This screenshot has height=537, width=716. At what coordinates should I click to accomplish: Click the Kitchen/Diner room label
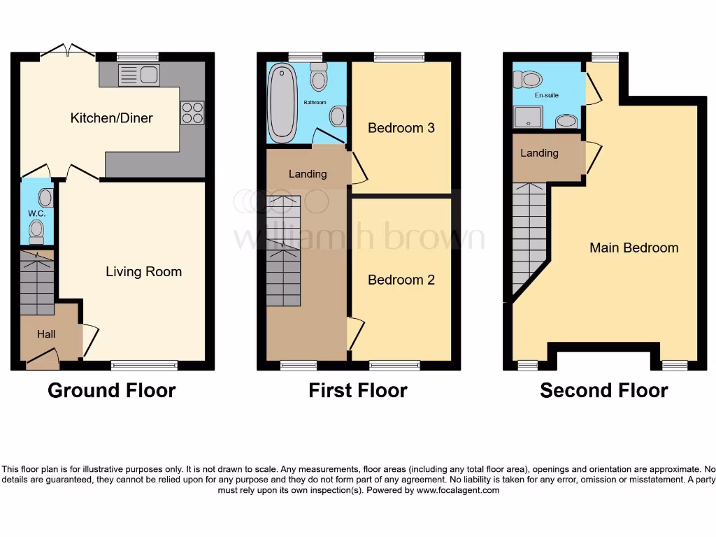click(x=111, y=117)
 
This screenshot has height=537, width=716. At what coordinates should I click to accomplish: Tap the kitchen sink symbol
click(x=139, y=75)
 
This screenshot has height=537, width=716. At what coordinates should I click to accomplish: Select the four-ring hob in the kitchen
click(x=192, y=113)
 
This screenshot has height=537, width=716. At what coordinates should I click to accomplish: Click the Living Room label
click(x=143, y=271)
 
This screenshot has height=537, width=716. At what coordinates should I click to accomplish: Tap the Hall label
click(x=46, y=334)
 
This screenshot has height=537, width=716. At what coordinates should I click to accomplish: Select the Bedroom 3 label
click(x=401, y=128)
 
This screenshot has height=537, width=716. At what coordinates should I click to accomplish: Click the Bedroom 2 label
click(x=401, y=280)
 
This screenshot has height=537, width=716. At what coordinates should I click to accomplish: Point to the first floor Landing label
click(x=308, y=173)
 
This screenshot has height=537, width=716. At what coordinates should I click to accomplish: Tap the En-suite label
click(x=546, y=95)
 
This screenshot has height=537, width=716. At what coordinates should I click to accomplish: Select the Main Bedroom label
click(x=633, y=248)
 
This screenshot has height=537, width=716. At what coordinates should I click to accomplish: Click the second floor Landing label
click(x=539, y=152)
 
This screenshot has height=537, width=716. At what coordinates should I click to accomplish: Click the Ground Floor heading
click(x=111, y=390)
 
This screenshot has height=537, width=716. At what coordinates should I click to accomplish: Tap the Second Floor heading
click(x=603, y=390)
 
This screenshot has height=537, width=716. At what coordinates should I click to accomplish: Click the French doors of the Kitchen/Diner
click(x=68, y=51)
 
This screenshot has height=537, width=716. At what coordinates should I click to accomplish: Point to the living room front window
click(x=144, y=364)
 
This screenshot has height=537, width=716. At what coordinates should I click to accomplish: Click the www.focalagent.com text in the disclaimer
click(x=458, y=490)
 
